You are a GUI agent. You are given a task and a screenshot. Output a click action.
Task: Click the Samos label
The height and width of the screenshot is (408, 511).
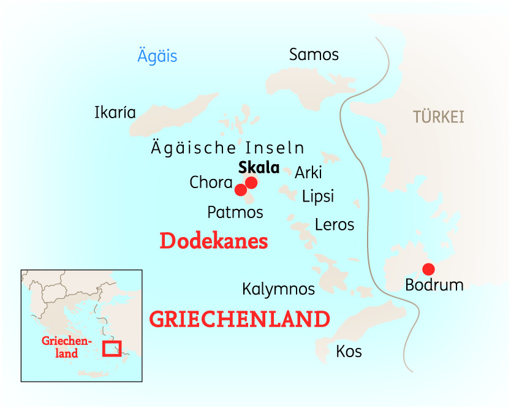(x=314, y=55)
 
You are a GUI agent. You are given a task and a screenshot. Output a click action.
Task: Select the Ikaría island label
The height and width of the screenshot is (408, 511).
(x=115, y=113)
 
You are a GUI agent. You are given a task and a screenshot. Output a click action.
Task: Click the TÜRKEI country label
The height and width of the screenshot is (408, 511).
(x=438, y=117)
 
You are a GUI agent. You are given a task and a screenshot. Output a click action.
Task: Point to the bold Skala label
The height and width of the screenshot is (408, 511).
(x=259, y=168)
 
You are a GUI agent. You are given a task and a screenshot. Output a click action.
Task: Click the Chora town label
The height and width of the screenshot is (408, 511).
(x=211, y=183)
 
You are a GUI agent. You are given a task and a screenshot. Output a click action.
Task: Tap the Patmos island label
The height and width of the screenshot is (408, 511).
(x=235, y=213)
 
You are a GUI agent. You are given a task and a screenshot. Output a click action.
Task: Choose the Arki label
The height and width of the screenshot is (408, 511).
(x=308, y=173)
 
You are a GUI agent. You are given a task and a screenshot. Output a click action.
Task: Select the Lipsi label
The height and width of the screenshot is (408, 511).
(x=318, y=196)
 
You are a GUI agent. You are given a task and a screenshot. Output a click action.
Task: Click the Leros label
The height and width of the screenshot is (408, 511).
(x=335, y=225)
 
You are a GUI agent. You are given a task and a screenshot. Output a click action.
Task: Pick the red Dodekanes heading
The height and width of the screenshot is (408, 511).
(x=214, y=241)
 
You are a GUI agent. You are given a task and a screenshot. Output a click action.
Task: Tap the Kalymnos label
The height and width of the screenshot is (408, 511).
(x=278, y=289)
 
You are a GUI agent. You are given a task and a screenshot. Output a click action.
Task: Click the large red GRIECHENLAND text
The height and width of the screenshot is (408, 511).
(x=240, y=319)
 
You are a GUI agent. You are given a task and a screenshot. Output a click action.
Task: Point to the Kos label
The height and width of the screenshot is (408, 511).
(x=349, y=352)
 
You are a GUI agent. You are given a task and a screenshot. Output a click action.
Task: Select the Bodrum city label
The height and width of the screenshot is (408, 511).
(x=434, y=285)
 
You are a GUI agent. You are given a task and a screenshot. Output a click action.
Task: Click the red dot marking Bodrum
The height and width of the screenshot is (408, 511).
(x=429, y=269)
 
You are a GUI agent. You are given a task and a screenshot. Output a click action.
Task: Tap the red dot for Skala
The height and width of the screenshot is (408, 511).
(x=251, y=183)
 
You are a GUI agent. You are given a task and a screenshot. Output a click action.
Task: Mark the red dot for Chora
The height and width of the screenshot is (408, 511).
(x=241, y=190)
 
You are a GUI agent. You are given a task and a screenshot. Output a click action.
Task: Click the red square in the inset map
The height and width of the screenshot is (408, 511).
(x=112, y=348)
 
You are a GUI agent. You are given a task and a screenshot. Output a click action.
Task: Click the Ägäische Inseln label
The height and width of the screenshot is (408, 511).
(x=227, y=148)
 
